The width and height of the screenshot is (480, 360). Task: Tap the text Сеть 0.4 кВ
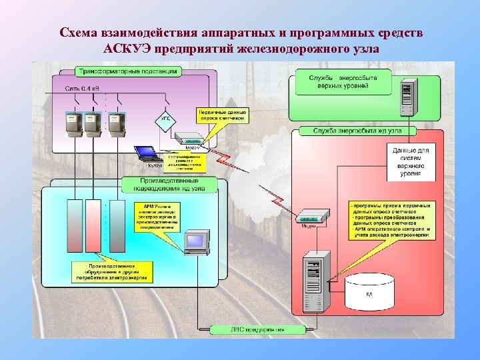click(83, 88)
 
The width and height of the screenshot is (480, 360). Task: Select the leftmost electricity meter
click(73, 124)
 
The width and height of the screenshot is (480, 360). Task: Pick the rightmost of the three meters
click(117, 124)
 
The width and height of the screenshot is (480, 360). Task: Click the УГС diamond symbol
click(166, 118)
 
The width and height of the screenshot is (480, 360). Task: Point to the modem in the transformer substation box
click(189, 139)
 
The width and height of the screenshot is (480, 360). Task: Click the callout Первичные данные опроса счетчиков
click(222, 115)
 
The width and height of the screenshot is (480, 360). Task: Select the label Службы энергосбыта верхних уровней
click(343, 82)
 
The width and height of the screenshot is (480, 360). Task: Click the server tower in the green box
click(407, 98)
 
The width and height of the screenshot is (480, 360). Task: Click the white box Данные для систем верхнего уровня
click(411, 162)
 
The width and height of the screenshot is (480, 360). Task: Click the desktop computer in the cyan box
click(196, 241)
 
